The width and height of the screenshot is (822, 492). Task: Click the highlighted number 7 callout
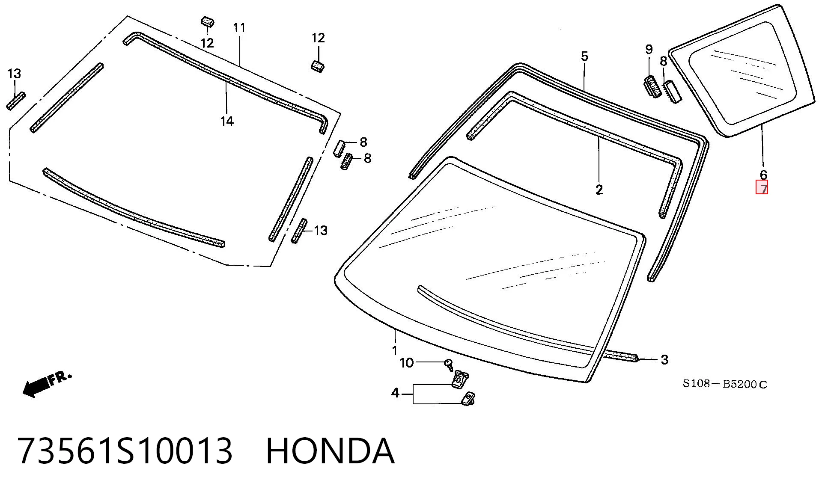[x=762, y=188]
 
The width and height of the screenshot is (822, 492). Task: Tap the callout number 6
[x=763, y=175]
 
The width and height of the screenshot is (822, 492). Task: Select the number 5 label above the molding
[x=584, y=56]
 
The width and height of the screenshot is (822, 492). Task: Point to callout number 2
[x=599, y=190]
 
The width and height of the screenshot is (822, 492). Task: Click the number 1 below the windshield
[x=395, y=351]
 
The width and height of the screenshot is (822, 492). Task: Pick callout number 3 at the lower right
[x=664, y=360]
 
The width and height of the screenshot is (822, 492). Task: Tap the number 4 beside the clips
[x=395, y=392]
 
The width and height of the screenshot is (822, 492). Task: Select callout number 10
[x=407, y=363]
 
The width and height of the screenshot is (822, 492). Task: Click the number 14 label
[x=227, y=122]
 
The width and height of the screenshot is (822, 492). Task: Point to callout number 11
[x=239, y=28]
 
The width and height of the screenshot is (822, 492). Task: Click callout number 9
[x=649, y=50]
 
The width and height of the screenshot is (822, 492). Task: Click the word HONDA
[x=330, y=451]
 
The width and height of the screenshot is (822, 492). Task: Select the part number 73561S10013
[x=125, y=451]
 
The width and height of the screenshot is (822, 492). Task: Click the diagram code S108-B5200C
[x=725, y=384]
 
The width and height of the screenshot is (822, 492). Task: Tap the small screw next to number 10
[x=449, y=365]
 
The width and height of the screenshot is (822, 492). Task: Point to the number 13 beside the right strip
[x=320, y=231]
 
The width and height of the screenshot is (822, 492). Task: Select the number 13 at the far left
[x=14, y=74]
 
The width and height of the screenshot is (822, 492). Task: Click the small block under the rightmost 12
[x=317, y=66]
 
